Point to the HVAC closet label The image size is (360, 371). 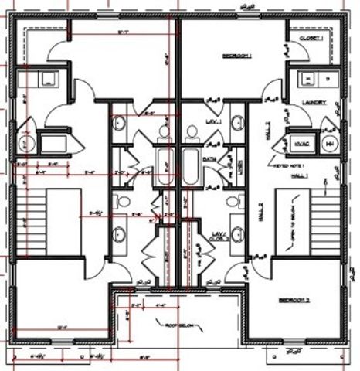pos(302,143)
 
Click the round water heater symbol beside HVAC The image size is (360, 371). pos(328,144)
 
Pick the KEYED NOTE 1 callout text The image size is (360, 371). pos(287,165)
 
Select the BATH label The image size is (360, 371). pos(209,158)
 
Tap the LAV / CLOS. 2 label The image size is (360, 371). pos(218,237)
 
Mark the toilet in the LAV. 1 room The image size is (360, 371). pos(192,132)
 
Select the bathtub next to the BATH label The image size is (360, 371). pos(191,165)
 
